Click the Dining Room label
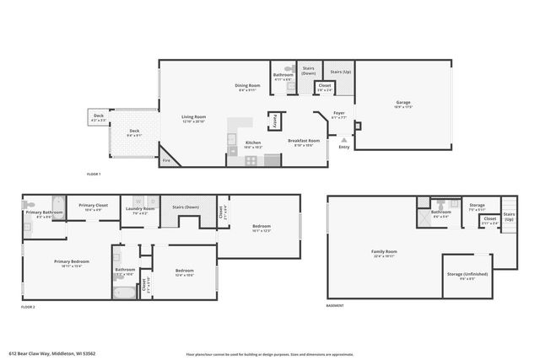coord(247,87)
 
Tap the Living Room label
coord(194,119)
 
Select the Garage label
coord(403,105)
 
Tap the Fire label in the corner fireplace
coord(166,160)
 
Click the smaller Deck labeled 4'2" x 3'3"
coord(99,118)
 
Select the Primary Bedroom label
coord(67,263)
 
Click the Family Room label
coord(384,253)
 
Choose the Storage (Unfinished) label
coord(466,276)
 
